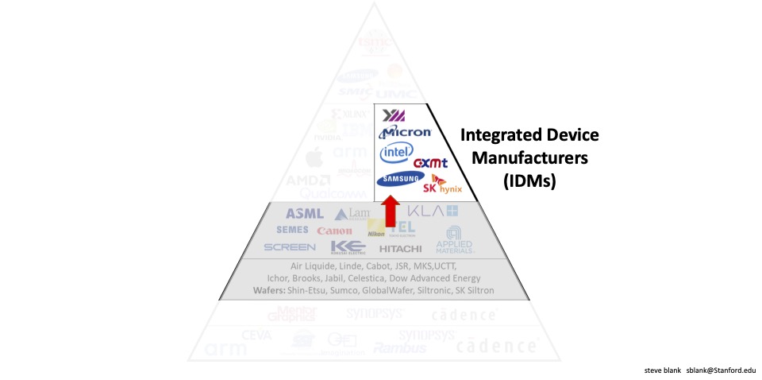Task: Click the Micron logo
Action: tap(406, 131)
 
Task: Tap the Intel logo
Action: tap(396, 152)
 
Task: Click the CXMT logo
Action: tap(431, 163)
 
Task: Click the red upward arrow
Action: tap(390, 213)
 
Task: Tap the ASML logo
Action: tap(305, 213)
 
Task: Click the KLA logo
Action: tap(433, 211)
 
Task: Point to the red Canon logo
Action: tap(334, 231)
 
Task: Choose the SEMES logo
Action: tap(292, 230)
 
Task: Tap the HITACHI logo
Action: tap(400, 248)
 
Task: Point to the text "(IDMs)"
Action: tap(530, 180)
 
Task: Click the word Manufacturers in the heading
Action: tap(530, 157)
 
